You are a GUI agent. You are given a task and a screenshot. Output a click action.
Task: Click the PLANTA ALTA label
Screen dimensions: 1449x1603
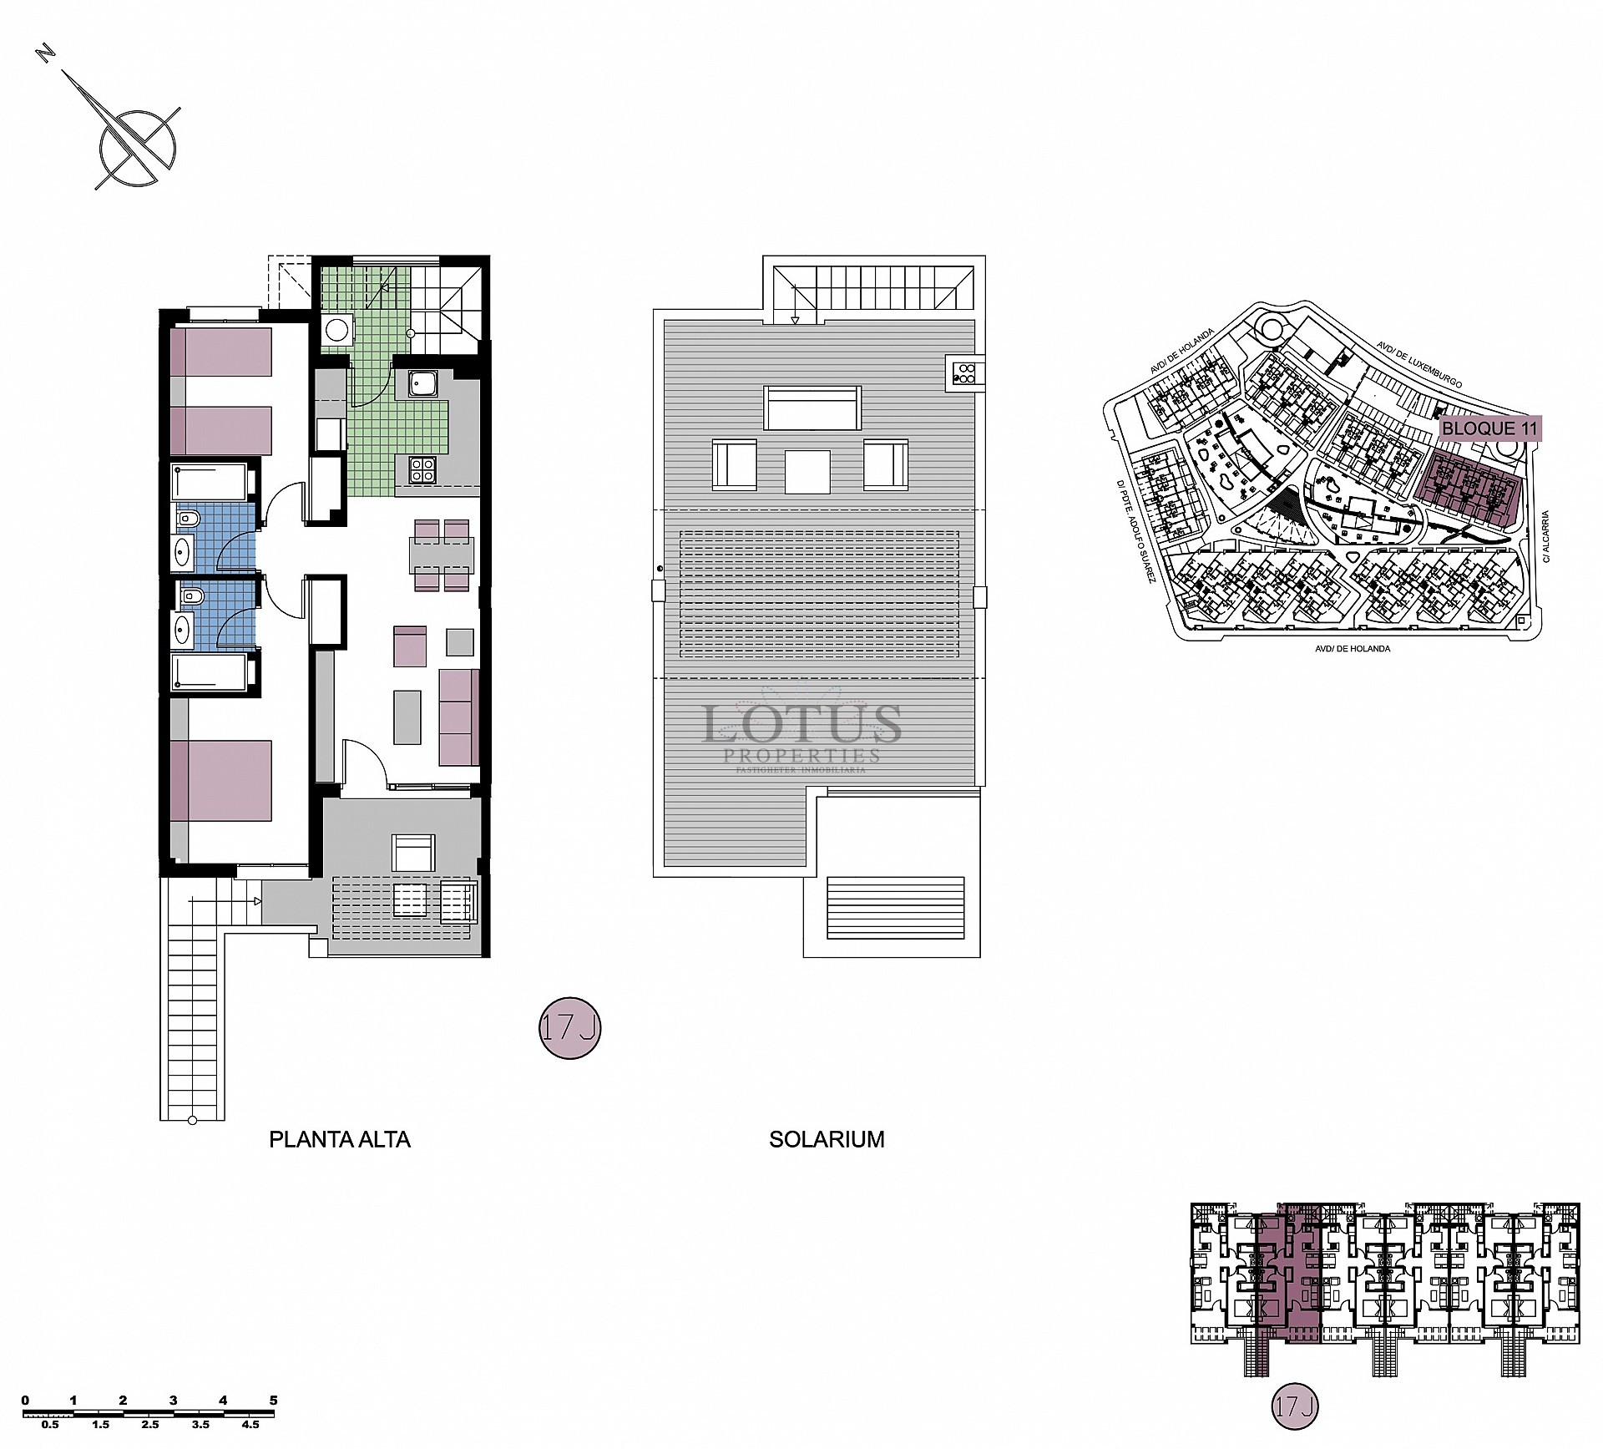coord(339,1139)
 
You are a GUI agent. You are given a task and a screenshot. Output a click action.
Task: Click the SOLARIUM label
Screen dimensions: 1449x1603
coord(827,1139)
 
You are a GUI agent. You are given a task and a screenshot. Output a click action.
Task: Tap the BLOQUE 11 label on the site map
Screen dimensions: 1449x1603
coord(1490,428)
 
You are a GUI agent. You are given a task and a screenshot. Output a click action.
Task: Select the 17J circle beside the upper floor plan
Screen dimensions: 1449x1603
coord(569,1029)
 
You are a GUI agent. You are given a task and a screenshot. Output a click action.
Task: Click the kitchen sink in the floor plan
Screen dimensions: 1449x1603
coord(422,384)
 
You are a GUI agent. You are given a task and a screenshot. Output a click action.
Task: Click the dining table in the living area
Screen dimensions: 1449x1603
coord(442,555)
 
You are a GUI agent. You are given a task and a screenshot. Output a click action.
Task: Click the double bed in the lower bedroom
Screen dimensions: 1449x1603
coord(222,781)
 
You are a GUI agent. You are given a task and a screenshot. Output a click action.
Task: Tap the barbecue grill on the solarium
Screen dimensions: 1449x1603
coord(965,372)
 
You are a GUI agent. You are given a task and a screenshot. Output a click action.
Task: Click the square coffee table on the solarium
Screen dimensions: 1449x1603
coord(807,472)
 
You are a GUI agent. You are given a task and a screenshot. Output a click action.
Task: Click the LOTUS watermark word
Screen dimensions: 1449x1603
coord(802,723)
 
